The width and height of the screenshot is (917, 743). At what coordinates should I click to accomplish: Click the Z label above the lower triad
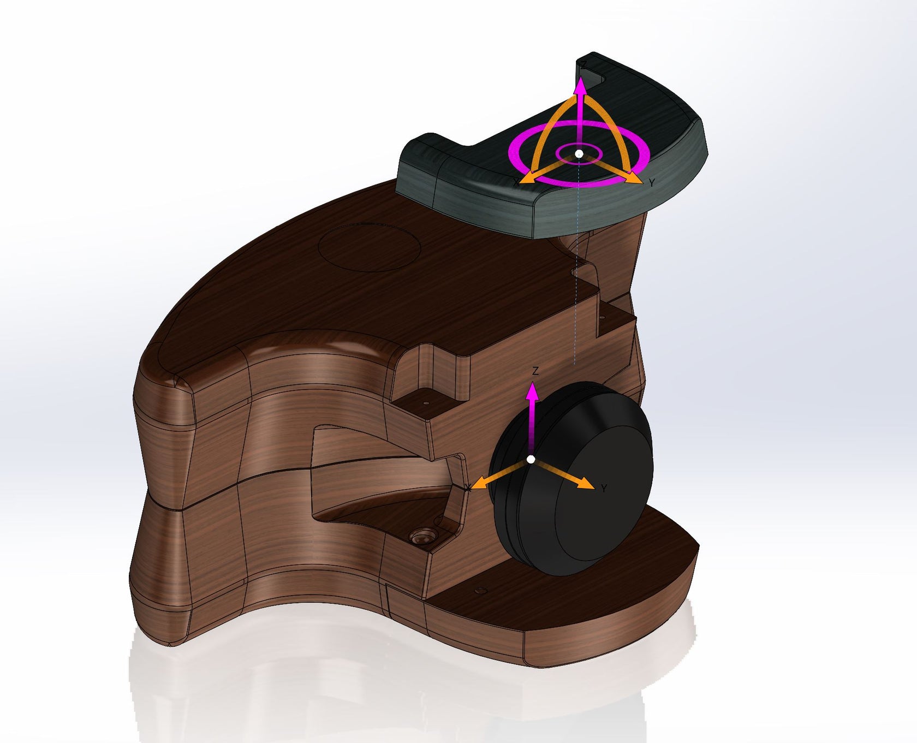(535, 371)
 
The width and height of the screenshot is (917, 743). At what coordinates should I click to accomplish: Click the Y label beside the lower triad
(604, 489)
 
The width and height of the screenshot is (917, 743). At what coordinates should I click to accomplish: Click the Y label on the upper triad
(652, 183)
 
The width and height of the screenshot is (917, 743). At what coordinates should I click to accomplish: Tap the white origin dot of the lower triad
(531, 459)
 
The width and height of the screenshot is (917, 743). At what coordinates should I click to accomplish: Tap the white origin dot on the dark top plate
(579, 154)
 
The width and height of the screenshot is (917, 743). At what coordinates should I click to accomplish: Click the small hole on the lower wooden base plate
(481, 591)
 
